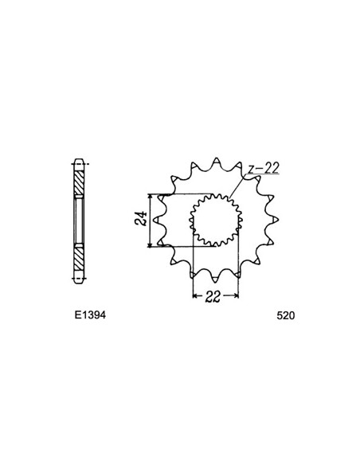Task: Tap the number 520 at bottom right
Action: (286, 315)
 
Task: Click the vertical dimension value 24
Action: (139, 220)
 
